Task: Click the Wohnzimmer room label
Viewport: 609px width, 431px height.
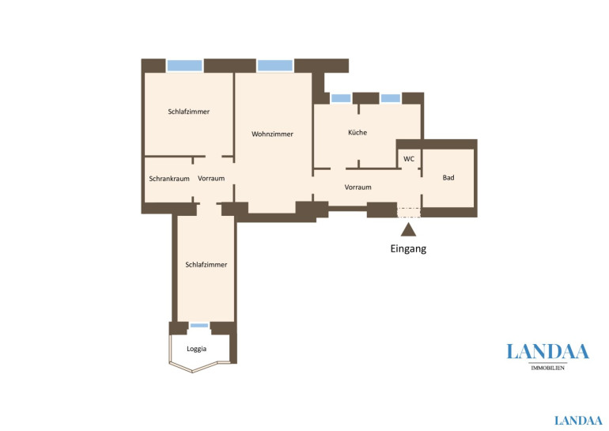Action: click(272, 134)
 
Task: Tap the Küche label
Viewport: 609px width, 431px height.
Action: click(357, 132)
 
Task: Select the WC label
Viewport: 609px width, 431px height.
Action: click(409, 159)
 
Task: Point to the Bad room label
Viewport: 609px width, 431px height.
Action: click(448, 177)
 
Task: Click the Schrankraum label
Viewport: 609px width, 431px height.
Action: click(169, 179)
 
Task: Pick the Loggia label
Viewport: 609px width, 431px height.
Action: click(196, 349)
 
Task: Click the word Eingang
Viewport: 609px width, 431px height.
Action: click(408, 248)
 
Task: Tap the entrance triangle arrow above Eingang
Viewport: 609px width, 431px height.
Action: click(408, 230)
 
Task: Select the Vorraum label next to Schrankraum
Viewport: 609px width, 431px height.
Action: click(211, 178)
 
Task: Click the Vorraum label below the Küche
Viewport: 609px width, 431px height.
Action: click(357, 187)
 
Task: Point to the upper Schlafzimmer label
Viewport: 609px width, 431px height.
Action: click(189, 112)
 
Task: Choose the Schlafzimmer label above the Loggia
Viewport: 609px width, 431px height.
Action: click(206, 264)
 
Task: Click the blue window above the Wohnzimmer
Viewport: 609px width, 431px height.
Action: click(275, 66)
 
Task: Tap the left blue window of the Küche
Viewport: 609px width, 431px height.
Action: click(341, 98)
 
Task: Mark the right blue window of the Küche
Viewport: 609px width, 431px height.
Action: click(391, 98)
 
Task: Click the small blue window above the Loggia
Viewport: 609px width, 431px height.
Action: click(199, 325)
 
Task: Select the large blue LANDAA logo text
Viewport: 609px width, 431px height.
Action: click(547, 352)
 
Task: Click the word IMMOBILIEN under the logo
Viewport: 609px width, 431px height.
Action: click(547, 368)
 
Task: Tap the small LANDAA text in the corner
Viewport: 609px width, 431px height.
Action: click(578, 421)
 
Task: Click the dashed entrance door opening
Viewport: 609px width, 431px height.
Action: click(409, 213)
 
